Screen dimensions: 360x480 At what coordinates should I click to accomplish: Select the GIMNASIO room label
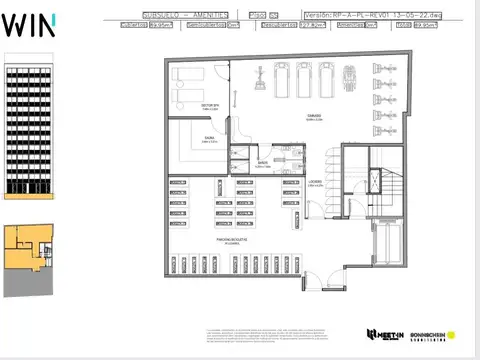[x=316, y=115]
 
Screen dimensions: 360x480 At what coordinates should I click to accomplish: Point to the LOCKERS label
[x=314, y=182]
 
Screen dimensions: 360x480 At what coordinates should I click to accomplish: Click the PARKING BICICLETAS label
[x=231, y=240]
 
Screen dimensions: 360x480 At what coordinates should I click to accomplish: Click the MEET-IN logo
[x=384, y=334]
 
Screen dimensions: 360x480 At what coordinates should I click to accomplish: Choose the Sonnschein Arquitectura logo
[x=432, y=334]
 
